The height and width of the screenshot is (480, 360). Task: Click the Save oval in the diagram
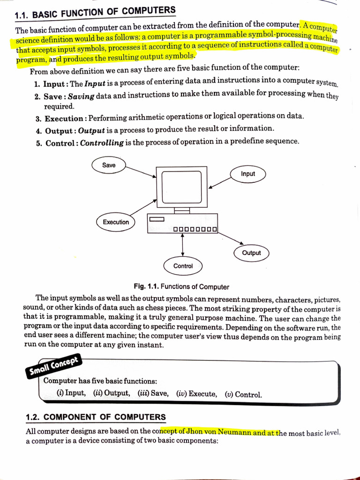point(109,165)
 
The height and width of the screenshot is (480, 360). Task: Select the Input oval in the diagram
point(248,174)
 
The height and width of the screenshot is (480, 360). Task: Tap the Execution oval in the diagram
point(115,222)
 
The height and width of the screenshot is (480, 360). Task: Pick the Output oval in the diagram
point(251,253)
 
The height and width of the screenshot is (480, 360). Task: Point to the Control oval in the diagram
point(183,266)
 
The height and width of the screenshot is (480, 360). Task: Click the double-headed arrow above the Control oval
point(182,244)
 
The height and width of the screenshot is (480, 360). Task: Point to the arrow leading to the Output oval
point(230,238)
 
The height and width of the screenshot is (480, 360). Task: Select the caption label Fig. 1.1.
point(146,286)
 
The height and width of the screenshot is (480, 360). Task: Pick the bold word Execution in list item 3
point(64,119)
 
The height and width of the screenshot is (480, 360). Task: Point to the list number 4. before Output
point(39,131)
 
